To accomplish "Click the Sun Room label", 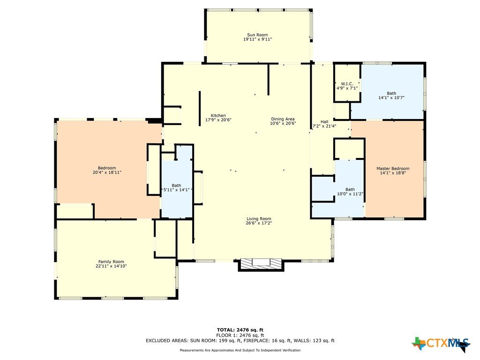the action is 257,35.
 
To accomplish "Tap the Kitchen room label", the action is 218,116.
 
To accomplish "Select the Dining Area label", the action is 283,119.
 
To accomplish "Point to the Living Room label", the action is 259,219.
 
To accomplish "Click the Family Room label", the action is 111,262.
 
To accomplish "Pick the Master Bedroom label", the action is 393,169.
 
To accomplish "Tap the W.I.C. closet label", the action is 347,84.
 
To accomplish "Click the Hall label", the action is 324,122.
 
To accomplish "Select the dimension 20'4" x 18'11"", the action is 107,172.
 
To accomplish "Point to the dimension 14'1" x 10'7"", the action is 391,97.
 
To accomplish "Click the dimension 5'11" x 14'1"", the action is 177,190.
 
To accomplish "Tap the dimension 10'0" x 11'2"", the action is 350,194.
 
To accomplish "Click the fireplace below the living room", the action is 261,265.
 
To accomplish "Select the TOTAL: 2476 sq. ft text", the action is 240,330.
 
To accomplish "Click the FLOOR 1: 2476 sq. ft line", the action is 240,335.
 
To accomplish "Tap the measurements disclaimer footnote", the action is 240,350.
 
